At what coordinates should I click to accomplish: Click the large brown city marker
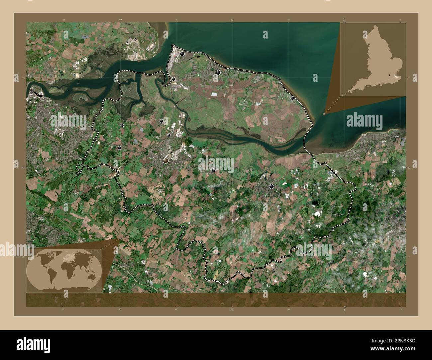[166, 161]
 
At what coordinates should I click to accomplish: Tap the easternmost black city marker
[292, 98]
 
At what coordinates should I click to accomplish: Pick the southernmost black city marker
[272, 186]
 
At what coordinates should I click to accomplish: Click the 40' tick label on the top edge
[120, 20]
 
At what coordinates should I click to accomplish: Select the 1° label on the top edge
[344, 20]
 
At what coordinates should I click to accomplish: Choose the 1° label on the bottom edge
[344, 310]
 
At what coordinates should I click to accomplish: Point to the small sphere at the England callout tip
[324, 114]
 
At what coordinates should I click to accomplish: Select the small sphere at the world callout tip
[119, 240]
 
